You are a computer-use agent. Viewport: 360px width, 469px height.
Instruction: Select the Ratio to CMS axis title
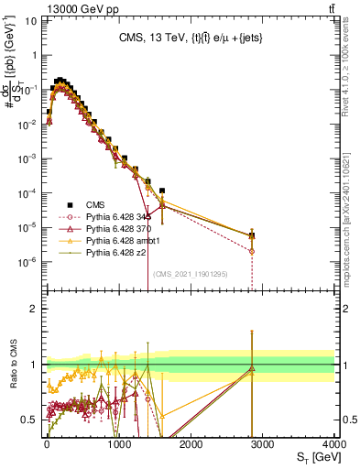(x=13, y=364)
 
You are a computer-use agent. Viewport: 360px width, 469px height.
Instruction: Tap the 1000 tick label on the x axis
(x=118, y=442)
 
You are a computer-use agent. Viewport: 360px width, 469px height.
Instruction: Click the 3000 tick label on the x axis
(x=263, y=442)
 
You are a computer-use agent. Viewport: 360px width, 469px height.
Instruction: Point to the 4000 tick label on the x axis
(x=333, y=442)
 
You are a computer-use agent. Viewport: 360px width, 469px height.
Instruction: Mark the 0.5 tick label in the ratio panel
(x=27, y=420)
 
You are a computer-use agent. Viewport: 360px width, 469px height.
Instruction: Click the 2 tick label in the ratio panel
(x=31, y=309)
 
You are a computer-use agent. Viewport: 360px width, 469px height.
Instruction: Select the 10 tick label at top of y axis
(x=27, y=21)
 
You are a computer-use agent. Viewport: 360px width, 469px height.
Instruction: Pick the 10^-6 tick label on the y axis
(x=25, y=261)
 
